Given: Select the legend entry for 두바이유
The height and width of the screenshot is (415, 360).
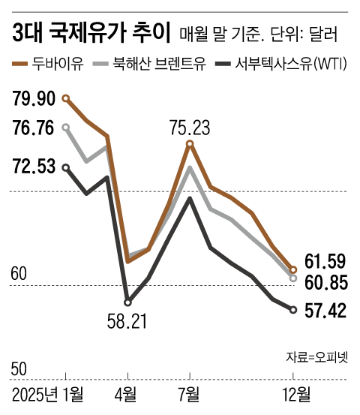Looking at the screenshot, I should pyautogui.click(x=60, y=63).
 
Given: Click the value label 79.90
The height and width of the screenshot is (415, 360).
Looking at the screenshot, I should pyautogui.click(x=34, y=98).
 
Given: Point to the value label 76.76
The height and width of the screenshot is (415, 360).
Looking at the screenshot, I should pyautogui.click(x=34, y=128).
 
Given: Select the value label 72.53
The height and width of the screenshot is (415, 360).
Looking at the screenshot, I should pyautogui.click(x=34, y=167).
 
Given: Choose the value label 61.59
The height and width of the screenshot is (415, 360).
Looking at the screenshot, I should pyautogui.click(x=325, y=262).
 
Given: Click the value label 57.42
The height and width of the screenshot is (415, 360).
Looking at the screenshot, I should pyautogui.click(x=325, y=309).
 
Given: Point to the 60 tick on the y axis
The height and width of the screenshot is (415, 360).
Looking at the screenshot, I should pyautogui.click(x=19, y=274).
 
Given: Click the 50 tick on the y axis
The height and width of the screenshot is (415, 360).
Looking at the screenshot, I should pyautogui.click(x=19, y=369).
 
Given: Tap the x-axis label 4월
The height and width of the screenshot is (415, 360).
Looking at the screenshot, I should pyautogui.click(x=127, y=394).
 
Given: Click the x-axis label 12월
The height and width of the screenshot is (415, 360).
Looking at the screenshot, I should pyautogui.click(x=294, y=394).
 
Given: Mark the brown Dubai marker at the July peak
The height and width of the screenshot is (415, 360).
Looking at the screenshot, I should pyautogui.click(x=190, y=144).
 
